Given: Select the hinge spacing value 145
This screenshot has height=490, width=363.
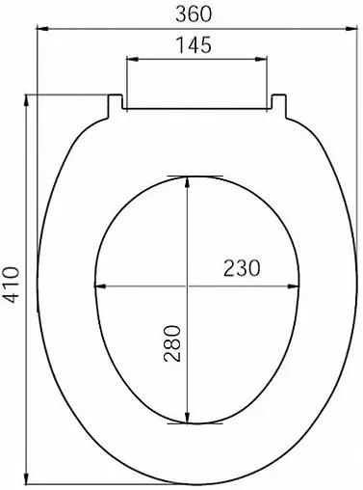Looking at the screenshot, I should click(195, 45).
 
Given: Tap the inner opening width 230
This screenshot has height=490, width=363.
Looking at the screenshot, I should click(240, 269).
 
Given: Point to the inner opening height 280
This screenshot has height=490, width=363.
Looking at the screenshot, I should click(173, 341).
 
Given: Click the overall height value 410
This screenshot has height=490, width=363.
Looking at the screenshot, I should click(12, 286).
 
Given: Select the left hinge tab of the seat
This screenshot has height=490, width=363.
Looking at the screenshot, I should click(116, 102).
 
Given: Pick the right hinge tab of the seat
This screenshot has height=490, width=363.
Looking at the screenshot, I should click(279, 102).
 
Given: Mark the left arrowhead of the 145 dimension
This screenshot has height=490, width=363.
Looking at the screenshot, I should click(130, 60).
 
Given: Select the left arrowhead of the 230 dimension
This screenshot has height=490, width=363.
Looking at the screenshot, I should click(98, 286).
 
